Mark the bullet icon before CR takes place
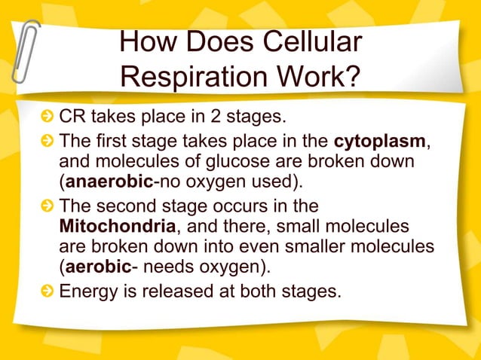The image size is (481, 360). [x=48, y=118]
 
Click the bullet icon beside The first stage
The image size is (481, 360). [x=48, y=141]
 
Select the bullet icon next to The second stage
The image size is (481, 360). [x=48, y=206]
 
